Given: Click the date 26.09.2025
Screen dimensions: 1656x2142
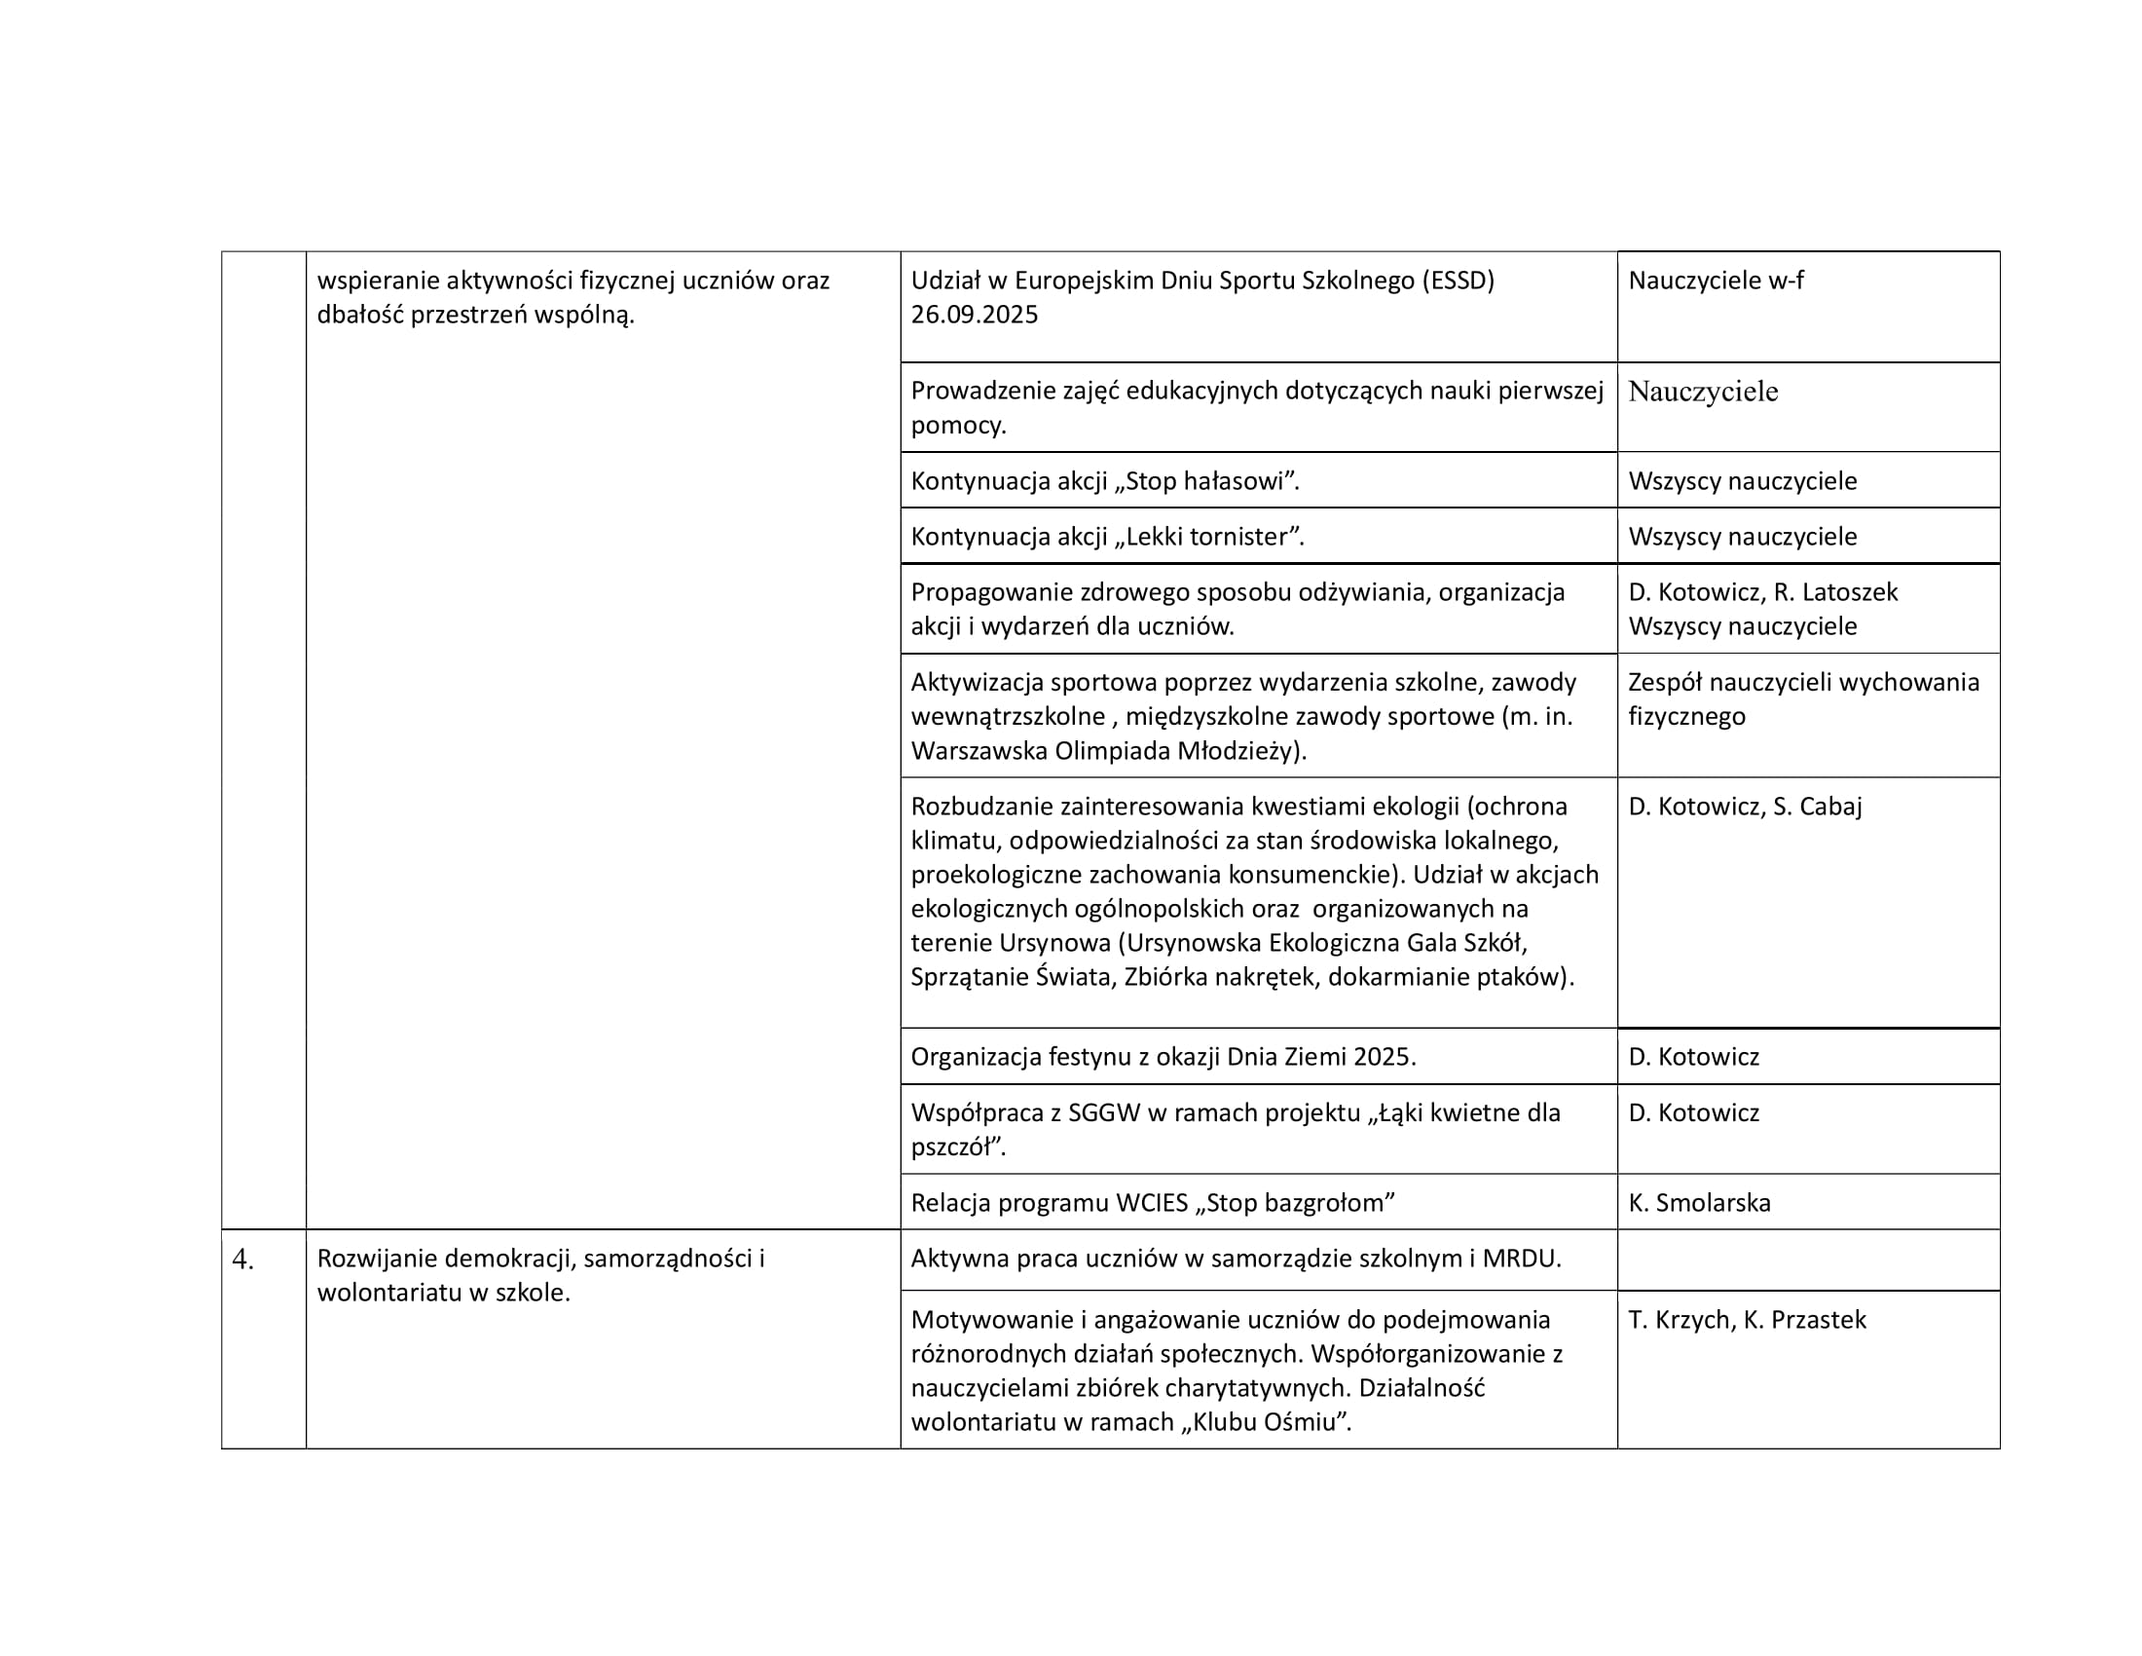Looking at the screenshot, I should click(x=974, y=315).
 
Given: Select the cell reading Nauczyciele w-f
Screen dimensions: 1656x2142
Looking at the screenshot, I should click(x=1716, y=281).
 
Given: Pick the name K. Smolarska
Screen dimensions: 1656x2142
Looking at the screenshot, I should click(x=1700, y=1203).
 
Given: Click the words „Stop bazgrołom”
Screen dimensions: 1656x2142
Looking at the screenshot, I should click(x=1295, y=1203).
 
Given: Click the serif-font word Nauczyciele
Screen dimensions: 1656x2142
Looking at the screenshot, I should click(x=1703, y=392).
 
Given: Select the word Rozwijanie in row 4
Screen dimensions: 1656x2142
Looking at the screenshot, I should click(x=377, y=1259).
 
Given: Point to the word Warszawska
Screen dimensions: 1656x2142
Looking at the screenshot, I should click(x=979, y=751).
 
